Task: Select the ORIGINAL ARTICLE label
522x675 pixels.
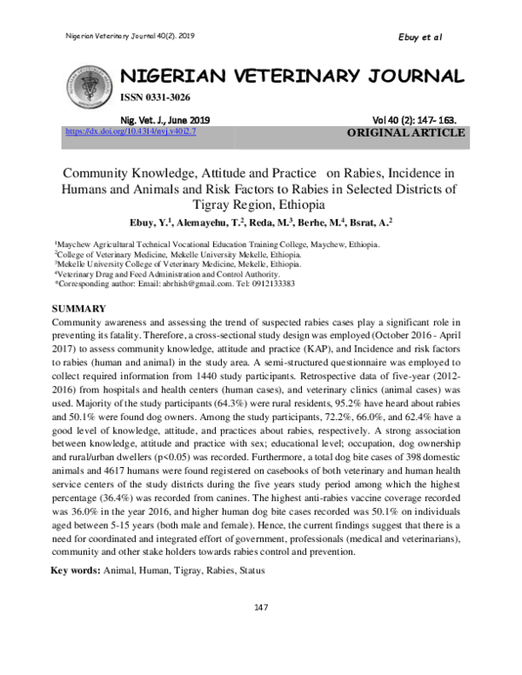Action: pyautogui.click(x=406, y=133)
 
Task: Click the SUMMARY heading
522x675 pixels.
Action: pyautogui.click(x=79, y=309)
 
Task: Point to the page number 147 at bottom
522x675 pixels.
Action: pyautogui.click(x=260, y=607)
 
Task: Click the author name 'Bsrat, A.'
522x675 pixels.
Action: pyautogui.click(x=369, y=224)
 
